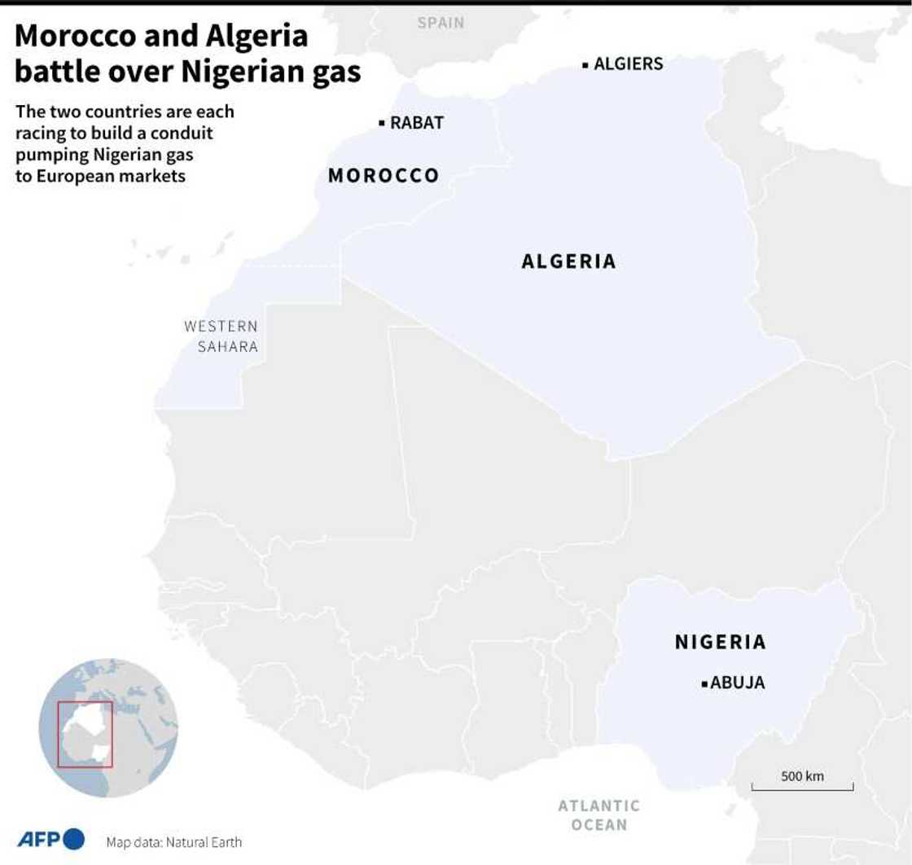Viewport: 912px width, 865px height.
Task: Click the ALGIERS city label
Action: coord(628,64)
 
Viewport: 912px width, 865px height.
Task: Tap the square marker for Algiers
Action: coord(585,64)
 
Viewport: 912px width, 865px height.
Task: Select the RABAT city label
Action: coord(417,123)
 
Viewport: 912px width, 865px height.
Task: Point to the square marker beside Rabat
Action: coord(381,123)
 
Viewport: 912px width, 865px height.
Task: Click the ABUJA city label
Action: coord(738,683)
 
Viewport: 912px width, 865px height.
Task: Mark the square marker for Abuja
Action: coord(704,684)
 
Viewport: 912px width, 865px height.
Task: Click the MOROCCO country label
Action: coord(384,176)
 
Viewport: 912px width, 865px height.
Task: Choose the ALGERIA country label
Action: coord(568,261)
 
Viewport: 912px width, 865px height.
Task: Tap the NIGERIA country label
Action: coord(721,642)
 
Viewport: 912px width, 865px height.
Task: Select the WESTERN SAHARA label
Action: coord(221,336)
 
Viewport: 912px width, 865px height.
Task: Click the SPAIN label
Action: coord(441,23)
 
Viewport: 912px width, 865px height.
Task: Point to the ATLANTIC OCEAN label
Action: coord(598,815)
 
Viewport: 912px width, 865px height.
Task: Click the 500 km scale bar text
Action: coord(802,776)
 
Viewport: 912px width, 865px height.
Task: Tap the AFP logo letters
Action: coord(37,839)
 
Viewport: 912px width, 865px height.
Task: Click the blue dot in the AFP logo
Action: coord(73,839)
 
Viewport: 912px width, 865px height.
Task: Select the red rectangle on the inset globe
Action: coord(85,734)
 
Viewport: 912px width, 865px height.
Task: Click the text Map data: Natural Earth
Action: coord(173,842)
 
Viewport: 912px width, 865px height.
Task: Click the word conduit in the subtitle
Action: coord(186,132)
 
